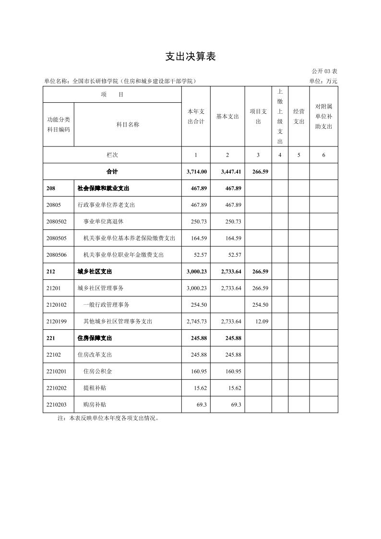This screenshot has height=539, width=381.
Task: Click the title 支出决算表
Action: point(190,57)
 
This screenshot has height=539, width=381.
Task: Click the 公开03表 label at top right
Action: point(324,72)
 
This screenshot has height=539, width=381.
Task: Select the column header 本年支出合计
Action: point(196,117)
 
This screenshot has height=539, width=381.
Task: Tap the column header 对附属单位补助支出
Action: point(323,117)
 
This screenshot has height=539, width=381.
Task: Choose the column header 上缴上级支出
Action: point(280,117)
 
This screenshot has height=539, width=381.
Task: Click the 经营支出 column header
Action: point(298,117)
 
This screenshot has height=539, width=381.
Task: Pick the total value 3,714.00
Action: point(197,171)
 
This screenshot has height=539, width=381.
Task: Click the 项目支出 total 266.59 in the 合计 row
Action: point(260,171)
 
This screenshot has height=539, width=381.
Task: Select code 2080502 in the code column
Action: point(57,221)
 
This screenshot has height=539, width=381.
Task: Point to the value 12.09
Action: point(262,321)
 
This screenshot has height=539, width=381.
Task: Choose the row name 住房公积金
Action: point(97,371)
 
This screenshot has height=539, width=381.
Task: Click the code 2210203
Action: point(57,405)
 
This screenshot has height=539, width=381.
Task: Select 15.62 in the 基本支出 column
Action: point(234,388)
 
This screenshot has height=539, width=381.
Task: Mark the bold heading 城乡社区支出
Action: point(95,272)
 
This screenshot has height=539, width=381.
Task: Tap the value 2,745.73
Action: point(197,321)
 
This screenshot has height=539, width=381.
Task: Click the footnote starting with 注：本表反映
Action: point(108,418)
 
